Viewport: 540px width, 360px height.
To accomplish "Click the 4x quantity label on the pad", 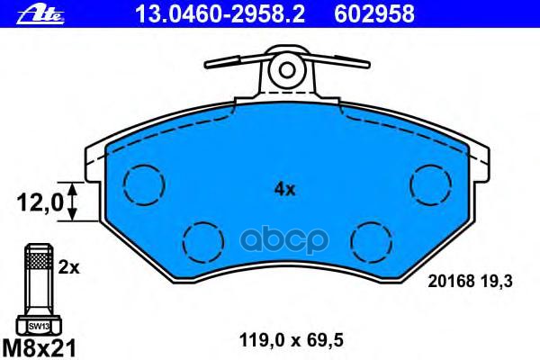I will [x=284, y=189].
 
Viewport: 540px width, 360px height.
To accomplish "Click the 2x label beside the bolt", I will [x=67, y=267].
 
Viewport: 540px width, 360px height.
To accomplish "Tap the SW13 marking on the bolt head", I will [x=37, y=326].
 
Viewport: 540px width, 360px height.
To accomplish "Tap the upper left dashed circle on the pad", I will [x=140, y=186].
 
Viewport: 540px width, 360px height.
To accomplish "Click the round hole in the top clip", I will [x=285, y=68].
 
